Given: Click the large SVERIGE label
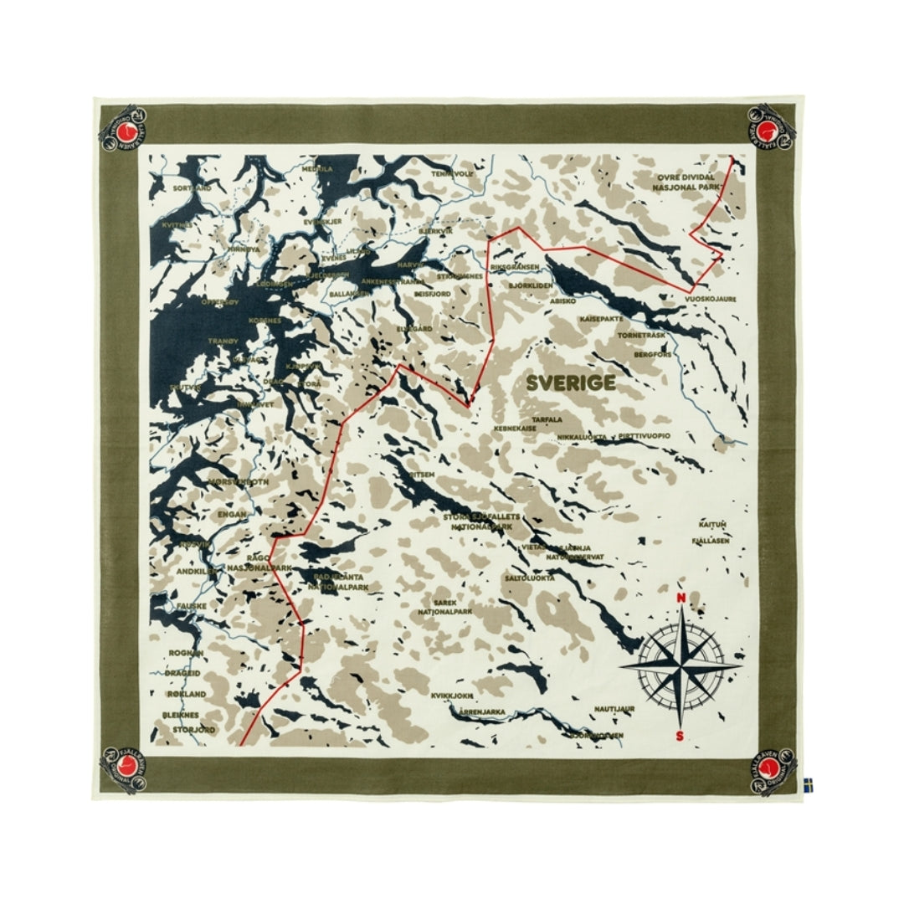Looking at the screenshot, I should point(571,383).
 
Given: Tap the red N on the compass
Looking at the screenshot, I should point(681,598).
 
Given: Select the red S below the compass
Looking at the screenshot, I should point(680,736).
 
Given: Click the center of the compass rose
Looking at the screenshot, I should point(681,667).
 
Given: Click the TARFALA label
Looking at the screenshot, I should point(547,419).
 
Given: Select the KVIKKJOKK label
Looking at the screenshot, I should point(452,695).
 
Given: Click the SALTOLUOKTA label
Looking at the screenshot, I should point(529,578).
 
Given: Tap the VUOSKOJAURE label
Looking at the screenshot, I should point(710,297).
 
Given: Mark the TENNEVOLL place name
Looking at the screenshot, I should point(452,173).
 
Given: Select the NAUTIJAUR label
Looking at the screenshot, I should point(614,709).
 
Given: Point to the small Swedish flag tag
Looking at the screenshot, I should point(808,784).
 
